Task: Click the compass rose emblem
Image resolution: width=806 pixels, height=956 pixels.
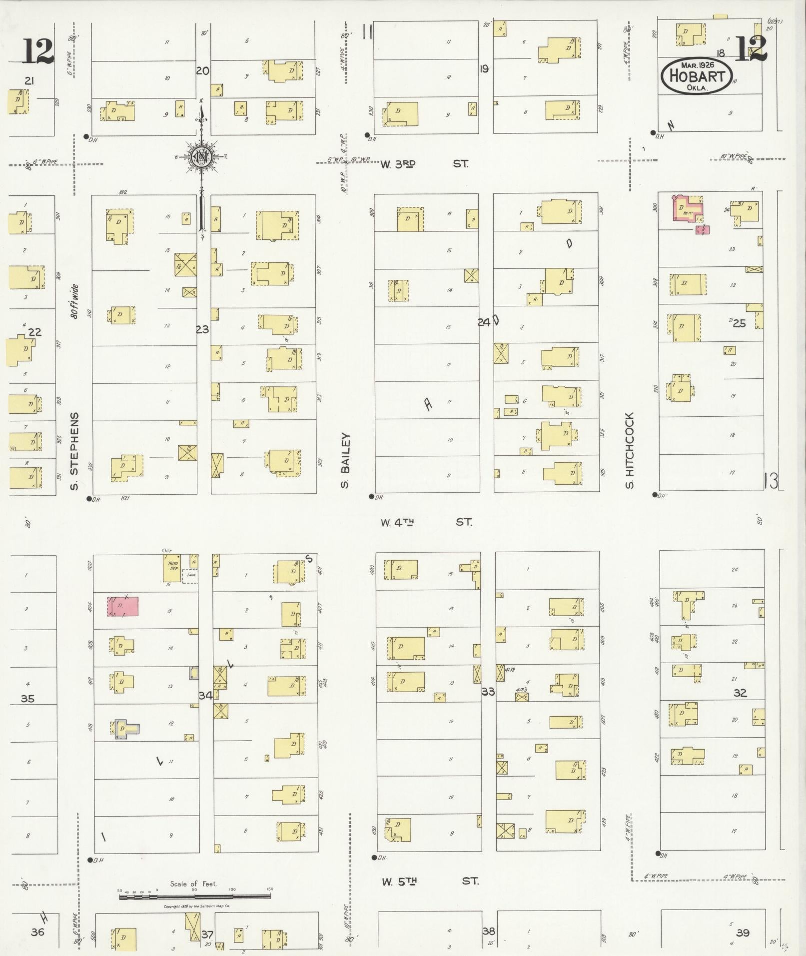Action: [201, 157]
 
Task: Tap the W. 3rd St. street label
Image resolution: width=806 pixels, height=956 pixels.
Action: [424, 163]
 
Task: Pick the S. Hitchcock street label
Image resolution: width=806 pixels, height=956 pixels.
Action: [629, 450]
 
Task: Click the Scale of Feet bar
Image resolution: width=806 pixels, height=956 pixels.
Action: [195, 897]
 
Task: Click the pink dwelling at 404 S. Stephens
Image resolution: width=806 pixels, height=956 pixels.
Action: [123, 606]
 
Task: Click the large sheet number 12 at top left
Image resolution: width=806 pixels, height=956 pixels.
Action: [37, 51]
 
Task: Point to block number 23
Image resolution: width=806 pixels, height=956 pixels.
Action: [202, 329]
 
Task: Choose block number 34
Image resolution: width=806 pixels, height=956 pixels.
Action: [205, 695]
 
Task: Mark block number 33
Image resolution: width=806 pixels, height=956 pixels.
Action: [488, 692]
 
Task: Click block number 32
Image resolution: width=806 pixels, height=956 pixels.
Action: [740, 693]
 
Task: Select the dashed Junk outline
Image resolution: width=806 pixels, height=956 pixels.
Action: [190, 576]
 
